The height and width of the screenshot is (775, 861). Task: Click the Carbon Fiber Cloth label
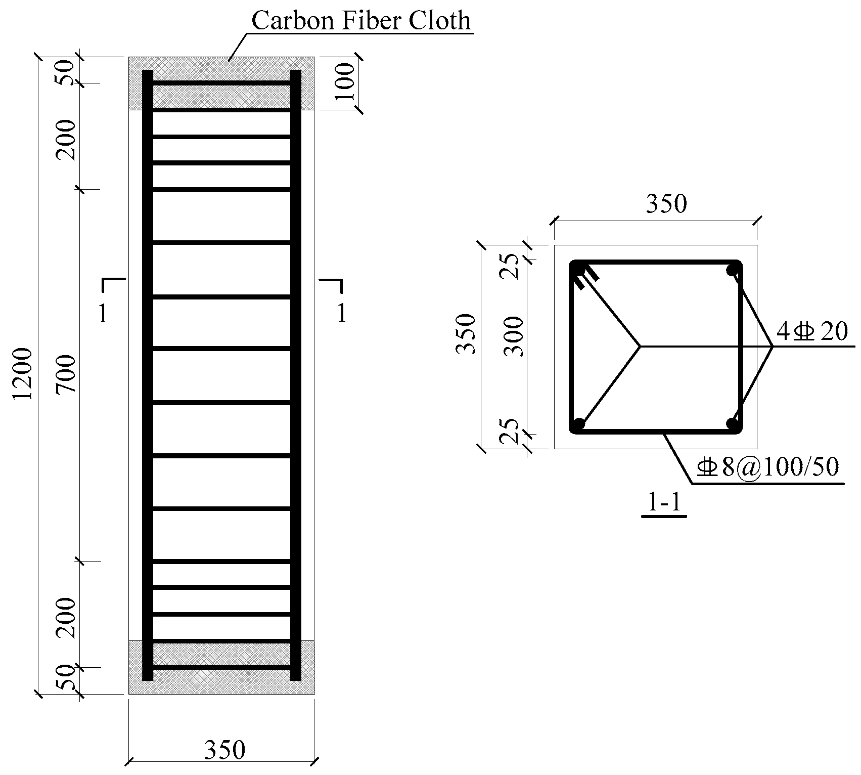361,21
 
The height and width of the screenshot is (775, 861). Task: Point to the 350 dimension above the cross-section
666,204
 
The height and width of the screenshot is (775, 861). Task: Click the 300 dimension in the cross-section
515,336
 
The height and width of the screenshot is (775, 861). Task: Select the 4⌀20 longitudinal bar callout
811,332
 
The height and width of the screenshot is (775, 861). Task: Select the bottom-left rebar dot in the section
579,423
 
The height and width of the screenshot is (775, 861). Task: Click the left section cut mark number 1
103,314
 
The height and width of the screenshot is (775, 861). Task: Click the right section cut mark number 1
342,314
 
